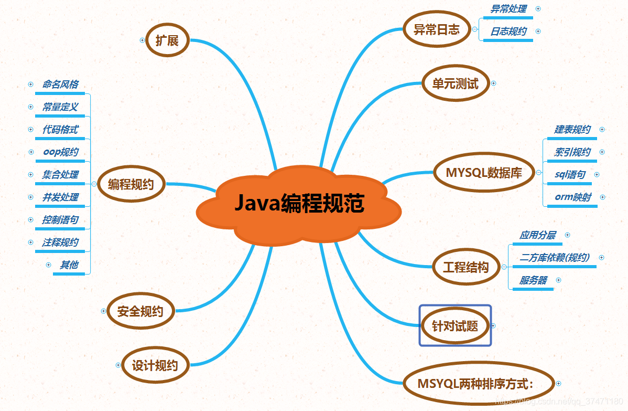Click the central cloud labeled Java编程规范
299,204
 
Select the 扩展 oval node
167,40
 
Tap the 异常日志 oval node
437,29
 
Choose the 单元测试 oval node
455,83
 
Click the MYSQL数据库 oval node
483,173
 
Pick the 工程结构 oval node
465,267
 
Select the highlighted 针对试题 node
455,325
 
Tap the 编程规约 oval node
131,184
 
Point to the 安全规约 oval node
140,311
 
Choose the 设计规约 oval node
155,365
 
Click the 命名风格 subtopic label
60,84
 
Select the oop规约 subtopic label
61,152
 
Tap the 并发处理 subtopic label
60,197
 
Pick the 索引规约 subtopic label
572,152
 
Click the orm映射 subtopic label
573,197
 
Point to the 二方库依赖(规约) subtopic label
554,257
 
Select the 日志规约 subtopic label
508,31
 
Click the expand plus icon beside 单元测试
493,83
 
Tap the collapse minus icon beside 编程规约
94,184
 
